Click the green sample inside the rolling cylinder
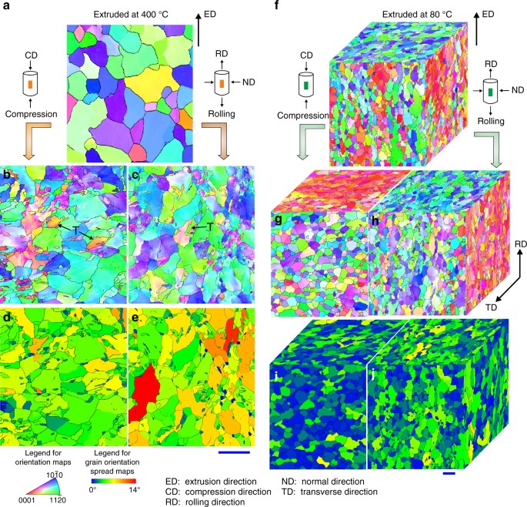(489, 93)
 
